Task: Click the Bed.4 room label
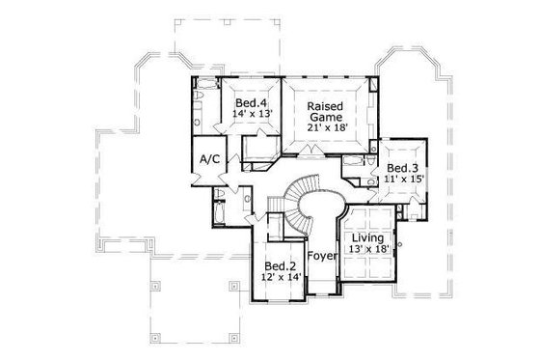point(251,102)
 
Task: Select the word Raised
point(326,105)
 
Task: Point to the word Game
point(326,118)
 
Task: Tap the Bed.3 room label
point(404,167)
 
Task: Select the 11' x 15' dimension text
point(404,180)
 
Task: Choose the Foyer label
point(321,258)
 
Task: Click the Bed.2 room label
point(281,265)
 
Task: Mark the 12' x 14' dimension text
point(281,278)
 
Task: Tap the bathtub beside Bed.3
point(353,160)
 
